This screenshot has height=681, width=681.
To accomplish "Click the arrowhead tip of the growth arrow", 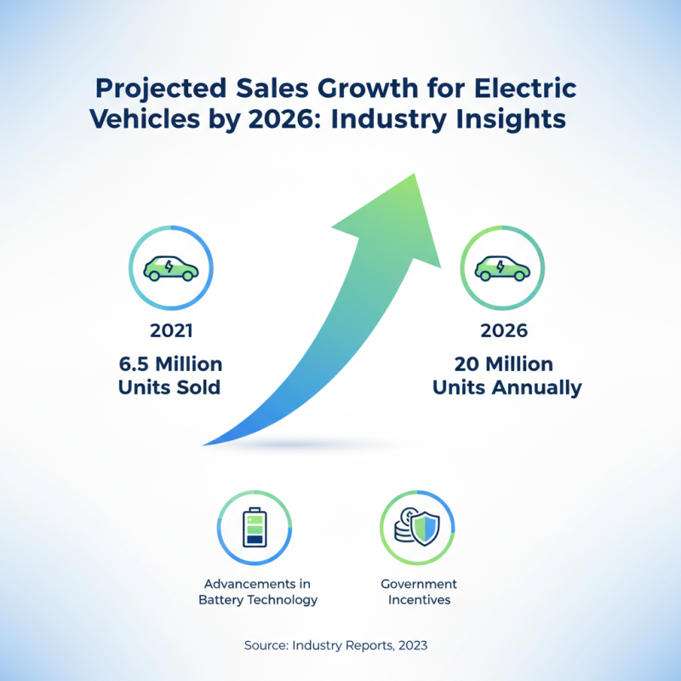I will click(415, 175).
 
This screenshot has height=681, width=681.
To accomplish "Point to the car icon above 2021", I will click(171, 267).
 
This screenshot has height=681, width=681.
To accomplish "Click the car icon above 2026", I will click(502, 267).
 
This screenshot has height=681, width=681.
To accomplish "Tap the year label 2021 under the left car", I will click(170, 331).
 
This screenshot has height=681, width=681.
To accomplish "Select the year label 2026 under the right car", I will click(502, 331).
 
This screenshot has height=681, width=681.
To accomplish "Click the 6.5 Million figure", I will click(170, 364).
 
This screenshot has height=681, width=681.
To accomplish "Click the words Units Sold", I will click(170, 388).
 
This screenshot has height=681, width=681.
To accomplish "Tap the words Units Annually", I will click(506, 388).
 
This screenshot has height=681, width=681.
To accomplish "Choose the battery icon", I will click(255, 528).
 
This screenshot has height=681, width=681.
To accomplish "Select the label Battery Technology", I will click(258, 600).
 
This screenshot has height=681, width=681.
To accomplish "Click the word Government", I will click(419, 584).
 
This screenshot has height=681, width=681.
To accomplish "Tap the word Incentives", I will click(419, 600).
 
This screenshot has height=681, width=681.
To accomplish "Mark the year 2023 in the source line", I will click(411, 645).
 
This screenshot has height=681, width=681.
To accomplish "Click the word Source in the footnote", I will click(265, 645).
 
